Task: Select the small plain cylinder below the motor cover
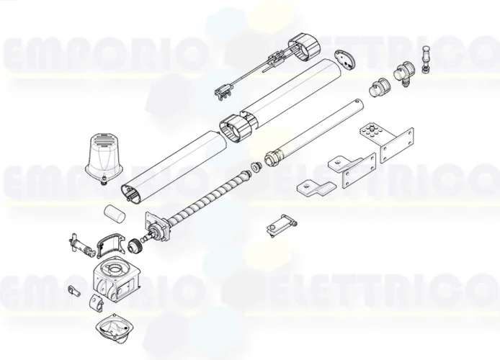pos(112,215)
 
